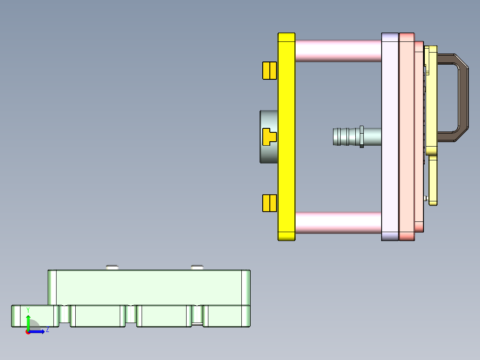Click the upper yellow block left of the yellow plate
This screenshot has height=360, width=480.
point(269,70)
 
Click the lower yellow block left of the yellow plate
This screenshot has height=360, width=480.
point(269,203)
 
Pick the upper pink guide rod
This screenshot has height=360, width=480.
point(338,51)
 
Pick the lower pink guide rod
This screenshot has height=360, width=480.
point(338,223)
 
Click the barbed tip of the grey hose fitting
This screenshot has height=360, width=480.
point(341,137)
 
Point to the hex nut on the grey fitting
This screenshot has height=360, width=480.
point(362,137)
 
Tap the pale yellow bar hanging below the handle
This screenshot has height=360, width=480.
point(433,180)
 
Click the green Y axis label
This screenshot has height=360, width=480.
point(28,310)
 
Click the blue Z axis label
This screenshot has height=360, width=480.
point(47,330)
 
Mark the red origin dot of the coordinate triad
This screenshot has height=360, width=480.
point(28,332)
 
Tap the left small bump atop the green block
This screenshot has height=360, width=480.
point(112,267)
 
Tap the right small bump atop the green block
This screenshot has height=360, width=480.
point(197,267)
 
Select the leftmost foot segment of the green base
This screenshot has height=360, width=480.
point(33,316)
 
